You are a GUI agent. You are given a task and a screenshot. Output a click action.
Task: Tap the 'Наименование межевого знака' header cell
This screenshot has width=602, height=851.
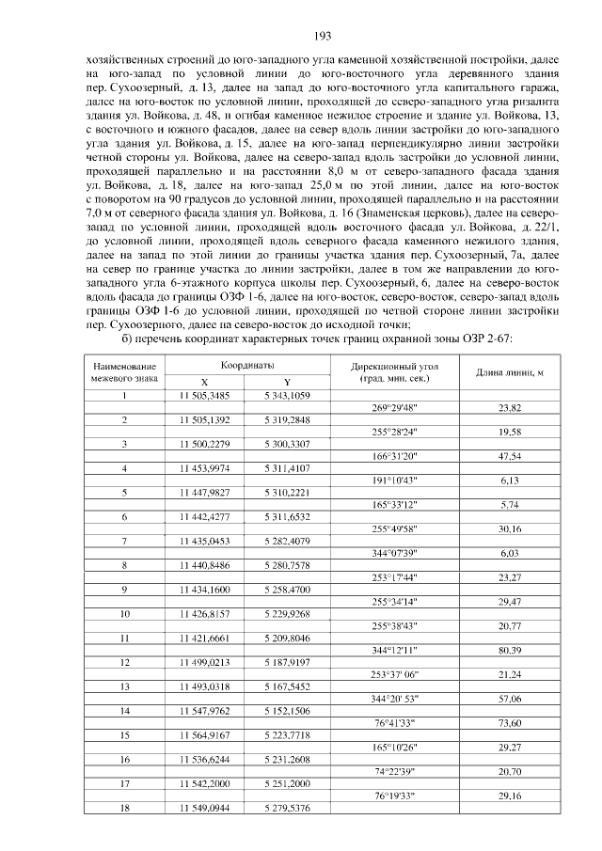124,372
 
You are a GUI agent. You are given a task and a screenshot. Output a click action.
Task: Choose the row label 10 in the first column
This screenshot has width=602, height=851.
124,614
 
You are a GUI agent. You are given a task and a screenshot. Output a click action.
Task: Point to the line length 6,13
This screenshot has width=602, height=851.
510,481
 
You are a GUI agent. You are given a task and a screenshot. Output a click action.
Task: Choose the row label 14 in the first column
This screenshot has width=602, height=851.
124,711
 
